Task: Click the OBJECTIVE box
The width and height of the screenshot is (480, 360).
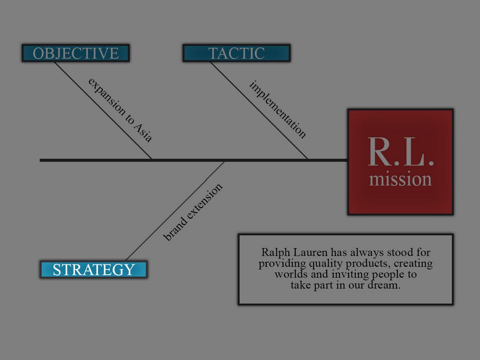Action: (75, 53)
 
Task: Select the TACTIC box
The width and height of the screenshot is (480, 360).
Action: (236, 53)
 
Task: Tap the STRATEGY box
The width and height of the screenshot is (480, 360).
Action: (94, 270)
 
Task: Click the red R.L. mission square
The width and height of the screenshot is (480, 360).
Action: (400, 162)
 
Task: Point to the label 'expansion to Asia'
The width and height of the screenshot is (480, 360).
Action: (120, 110)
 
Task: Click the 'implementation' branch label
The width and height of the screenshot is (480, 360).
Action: (278, 109)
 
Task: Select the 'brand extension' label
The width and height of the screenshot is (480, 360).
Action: (193, 212)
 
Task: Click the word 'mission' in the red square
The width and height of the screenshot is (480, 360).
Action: (400, 180)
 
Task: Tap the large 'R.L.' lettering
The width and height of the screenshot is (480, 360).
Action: (400, 152)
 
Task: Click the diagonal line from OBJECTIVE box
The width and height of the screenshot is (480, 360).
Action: (103, 111)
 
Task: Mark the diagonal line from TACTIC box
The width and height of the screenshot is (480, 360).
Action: (259, 111)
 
